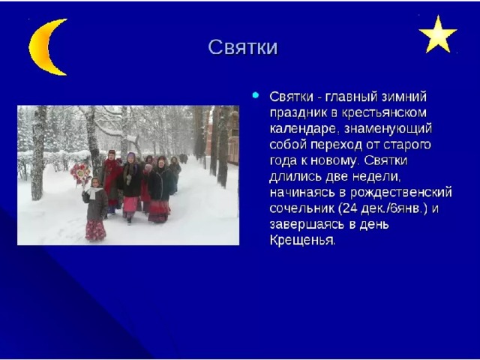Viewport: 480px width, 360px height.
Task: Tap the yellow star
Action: pos(438,35)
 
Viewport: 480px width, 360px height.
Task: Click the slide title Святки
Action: pos(243,47)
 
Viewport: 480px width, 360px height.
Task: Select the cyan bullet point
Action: pos(255,95)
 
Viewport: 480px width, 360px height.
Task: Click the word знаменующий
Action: pos(388,129)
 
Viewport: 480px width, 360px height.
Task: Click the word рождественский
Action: pos(401,193)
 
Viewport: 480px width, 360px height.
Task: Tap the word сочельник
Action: pos(302,208)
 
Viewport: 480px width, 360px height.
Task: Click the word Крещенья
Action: pos(303,240)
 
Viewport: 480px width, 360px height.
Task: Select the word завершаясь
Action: pos(307,224)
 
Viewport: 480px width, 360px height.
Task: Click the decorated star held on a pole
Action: pos(80,173)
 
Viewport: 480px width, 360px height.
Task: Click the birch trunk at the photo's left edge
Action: pos(38,153)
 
